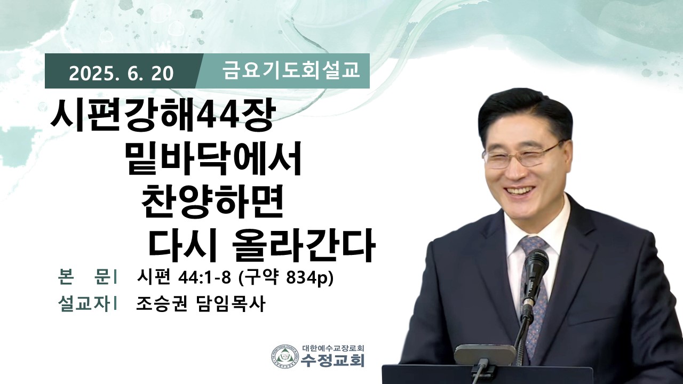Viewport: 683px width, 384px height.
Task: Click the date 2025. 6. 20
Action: (121, 73)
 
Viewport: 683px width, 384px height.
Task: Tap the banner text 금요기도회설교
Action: (291, 70)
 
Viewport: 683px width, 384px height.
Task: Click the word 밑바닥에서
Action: (213, 159)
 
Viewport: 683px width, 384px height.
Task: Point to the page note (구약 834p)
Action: (285, 278)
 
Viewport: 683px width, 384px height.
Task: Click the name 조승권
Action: (161, 304)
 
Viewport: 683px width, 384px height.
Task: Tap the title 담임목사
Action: (229, 304)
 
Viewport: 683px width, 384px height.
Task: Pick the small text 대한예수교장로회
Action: (333, 348)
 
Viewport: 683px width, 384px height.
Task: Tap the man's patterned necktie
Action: (534, 293)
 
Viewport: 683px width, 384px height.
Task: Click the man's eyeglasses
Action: (521, 156)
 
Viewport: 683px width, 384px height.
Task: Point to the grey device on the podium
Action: (485, 355)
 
